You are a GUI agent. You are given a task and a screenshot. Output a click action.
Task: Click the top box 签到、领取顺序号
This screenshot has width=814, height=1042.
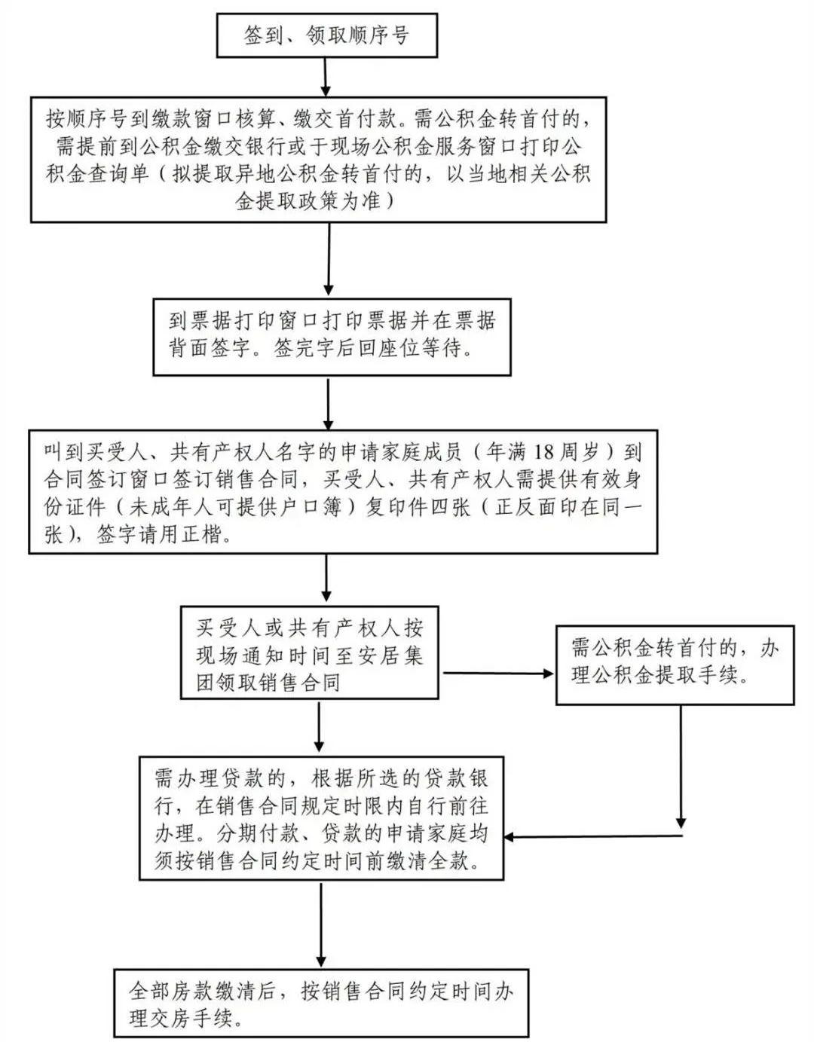click(326, 35)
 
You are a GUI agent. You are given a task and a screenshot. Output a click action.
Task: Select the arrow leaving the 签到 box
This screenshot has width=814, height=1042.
click(326, 76)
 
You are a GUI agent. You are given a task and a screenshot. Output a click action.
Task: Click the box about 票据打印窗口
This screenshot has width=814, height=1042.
click(332, 336)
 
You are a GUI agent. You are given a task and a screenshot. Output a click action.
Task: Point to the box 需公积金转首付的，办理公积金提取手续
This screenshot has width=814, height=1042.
click(675, 664)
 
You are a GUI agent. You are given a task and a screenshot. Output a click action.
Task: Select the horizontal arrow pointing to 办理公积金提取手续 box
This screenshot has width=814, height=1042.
click(497, 673)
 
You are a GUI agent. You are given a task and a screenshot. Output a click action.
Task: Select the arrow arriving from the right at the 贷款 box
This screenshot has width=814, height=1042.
click(592, 836)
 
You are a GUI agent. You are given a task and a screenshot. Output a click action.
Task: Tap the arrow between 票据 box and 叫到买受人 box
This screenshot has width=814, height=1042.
click(328, 402)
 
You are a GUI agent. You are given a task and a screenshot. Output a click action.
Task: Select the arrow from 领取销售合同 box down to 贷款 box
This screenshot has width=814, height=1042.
click(320, 728)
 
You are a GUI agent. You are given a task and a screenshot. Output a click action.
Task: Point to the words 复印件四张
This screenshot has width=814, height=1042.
click(418, 506)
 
